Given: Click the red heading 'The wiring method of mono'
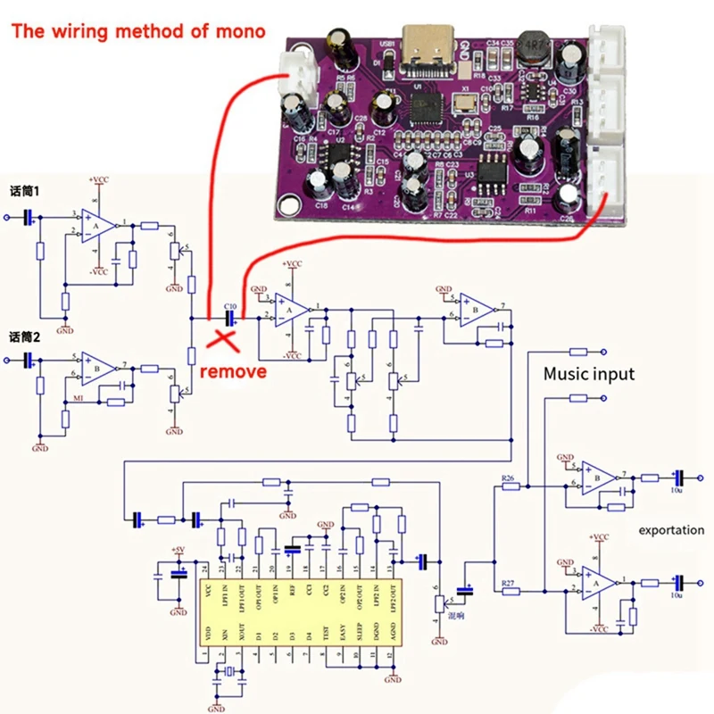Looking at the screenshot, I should click(138, 31).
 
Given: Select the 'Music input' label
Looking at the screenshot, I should click(589, 373).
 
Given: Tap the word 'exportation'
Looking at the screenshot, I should click(671, 530).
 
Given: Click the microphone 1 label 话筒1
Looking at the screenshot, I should click(25, 191).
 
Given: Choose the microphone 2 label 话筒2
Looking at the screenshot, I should click(25, 336).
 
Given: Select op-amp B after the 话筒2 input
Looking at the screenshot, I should click(98, 367).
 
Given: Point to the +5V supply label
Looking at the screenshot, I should click(178, 550).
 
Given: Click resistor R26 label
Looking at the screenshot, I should click(510, 478).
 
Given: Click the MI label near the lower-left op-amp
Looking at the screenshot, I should click(79, 397).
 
